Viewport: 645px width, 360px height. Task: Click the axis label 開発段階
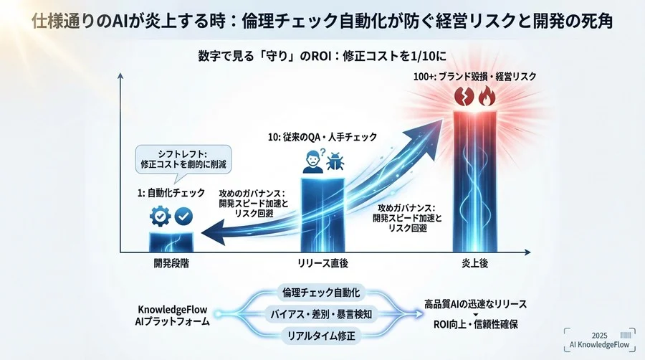pyautogui.click(x=171, y=263)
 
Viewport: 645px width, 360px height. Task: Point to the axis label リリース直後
pyautogui.click(x=322, y=263)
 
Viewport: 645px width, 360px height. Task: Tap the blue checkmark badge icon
pyautogui.click(x=183, y=215)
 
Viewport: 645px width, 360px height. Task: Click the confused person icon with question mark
pyautogui.click(x=312, y=162)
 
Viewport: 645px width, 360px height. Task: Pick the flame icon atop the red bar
pyautogui.click(x=485, y=95)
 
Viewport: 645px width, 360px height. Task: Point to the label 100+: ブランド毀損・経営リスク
pyautogui.click(x=474, y=75)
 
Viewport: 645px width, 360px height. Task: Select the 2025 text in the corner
pyautogui.click(x=600, y=336)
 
